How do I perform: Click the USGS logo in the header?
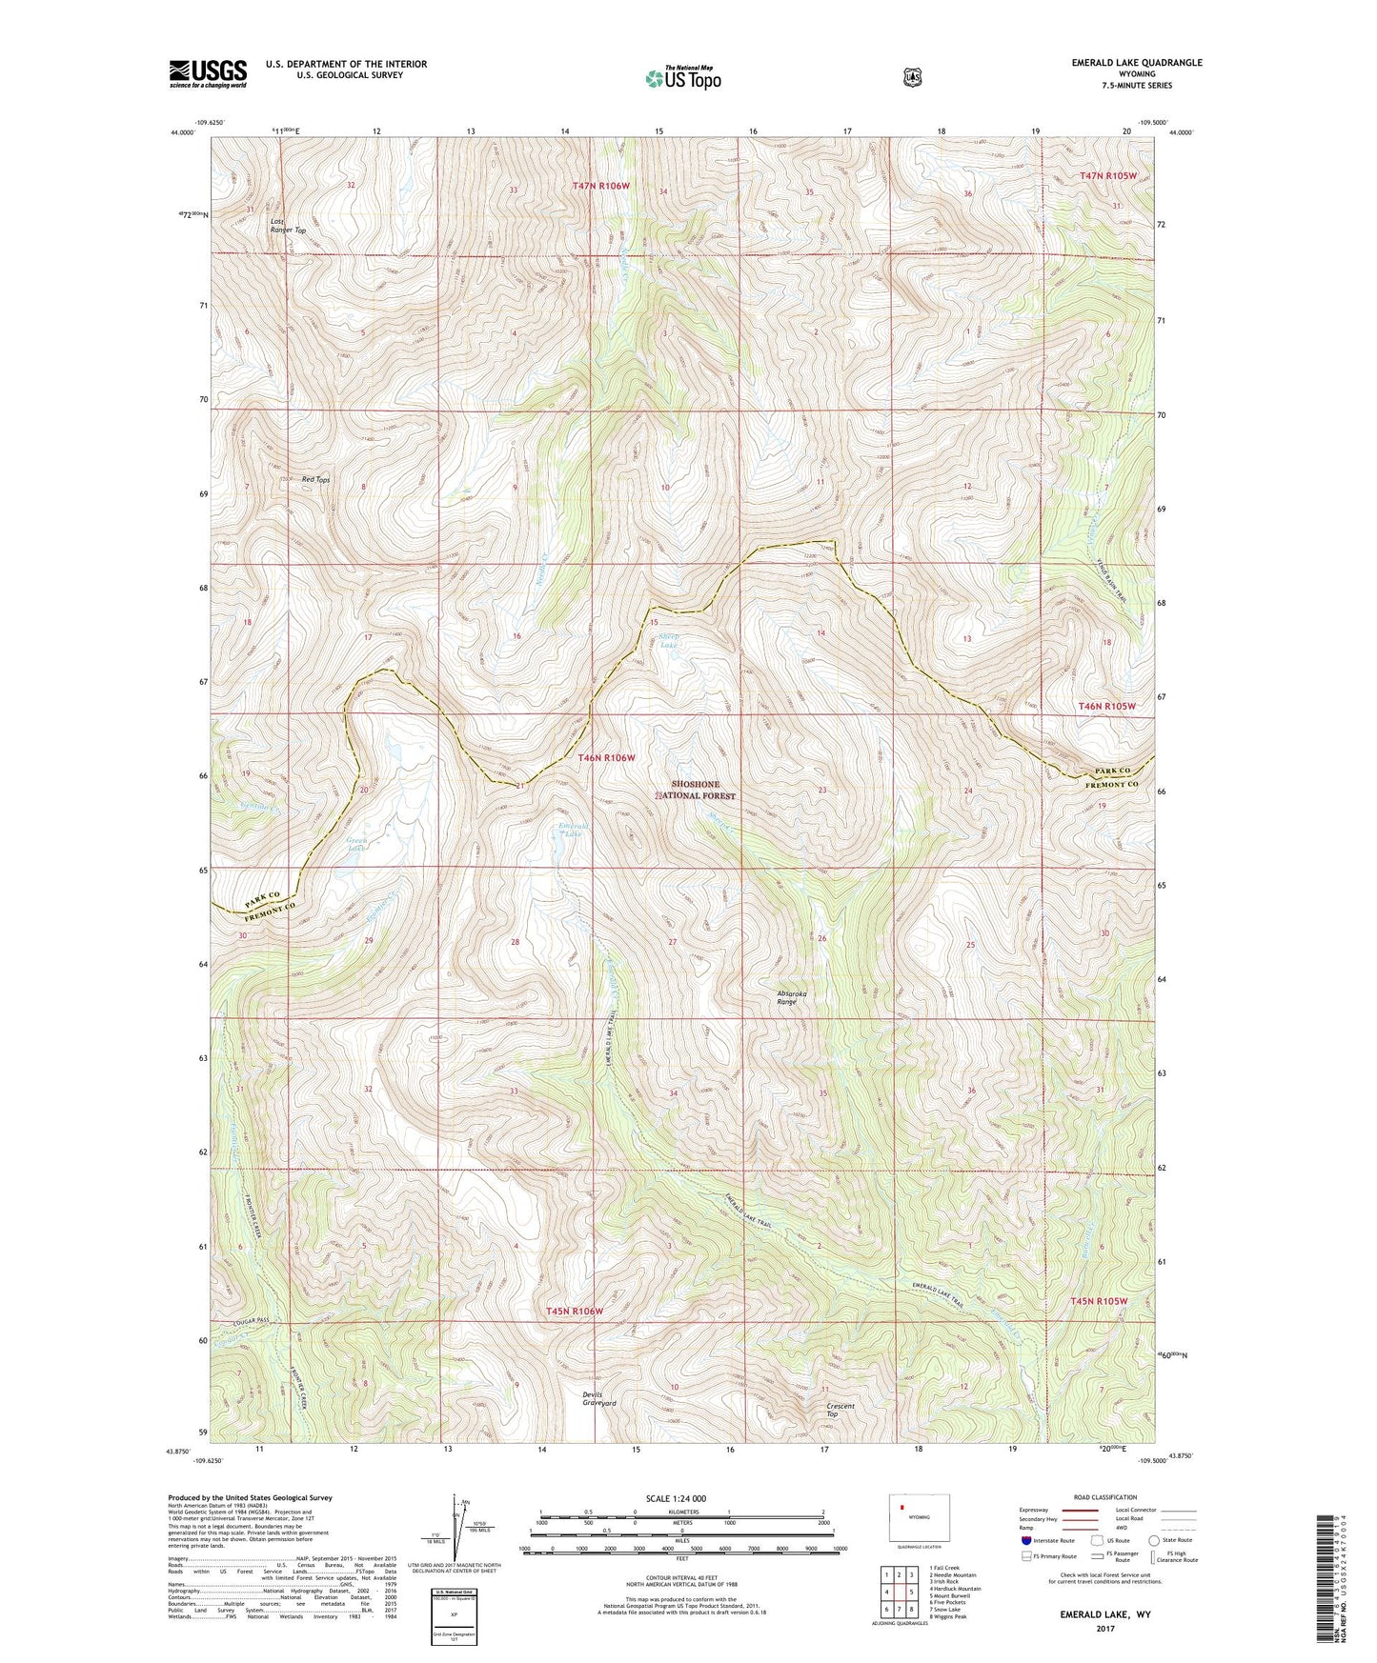pyautogui.click(x=208, y=73)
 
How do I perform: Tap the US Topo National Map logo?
pyautogui.click(x=682, y=77)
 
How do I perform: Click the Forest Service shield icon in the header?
pyautogui.click(x=912, y=76)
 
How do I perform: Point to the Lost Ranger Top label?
pyautogui.click(x=287, y=226)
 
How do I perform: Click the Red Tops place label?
pyautogui.click(x=315, y=480)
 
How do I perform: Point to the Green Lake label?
pyautogui.click(x=356, y=844)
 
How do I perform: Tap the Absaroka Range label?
pyautogui.click(x=791, y=997)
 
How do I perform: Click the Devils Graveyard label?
pyautogui.click(x=599, y=1399)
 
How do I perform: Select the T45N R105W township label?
pyautogui.click(x=1098, y=1301)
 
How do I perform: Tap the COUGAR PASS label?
pyautogui.click(x=252, y=1323)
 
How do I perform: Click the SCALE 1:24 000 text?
pyautogui.click(x=676, y=1498)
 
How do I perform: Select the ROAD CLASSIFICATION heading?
pyautogui.click(x=1103, y=1497)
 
